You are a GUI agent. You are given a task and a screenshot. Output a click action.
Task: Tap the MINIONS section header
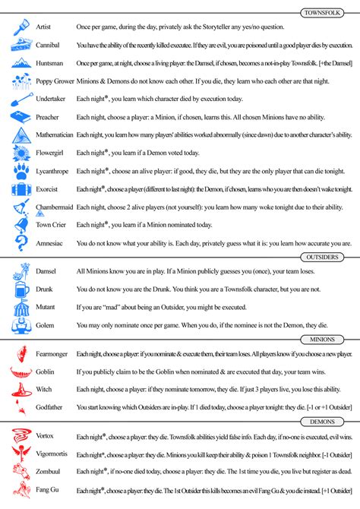tap(332, 339)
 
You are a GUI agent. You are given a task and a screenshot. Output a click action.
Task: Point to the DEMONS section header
tap(332, 421)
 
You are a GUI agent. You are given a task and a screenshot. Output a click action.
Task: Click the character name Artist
tap(43, 27)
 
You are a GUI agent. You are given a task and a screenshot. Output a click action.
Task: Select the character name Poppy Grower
tap(52, 80)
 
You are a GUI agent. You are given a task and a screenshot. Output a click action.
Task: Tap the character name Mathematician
tap(55, 134)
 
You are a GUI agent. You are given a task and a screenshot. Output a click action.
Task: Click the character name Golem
tap(45, 327)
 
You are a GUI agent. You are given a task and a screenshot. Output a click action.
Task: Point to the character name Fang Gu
tap(47, 490)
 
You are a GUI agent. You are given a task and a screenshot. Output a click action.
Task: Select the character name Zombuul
tap(48, 472)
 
